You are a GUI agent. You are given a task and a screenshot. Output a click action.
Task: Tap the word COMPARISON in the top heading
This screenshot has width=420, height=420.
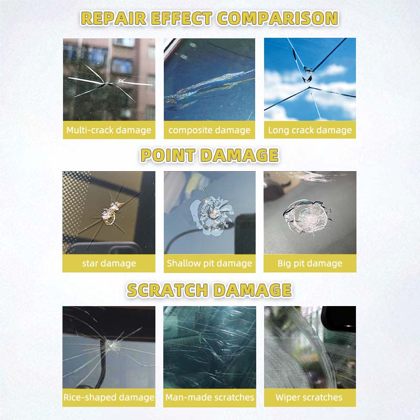[x=278, y=18]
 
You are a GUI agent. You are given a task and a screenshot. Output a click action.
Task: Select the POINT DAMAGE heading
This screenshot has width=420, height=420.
[x=209, y=155]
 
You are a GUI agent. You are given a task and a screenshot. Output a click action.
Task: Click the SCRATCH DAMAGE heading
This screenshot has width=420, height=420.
[x=209, y=290]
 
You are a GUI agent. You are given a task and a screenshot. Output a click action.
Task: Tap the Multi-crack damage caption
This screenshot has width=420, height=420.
[x=109, y=130]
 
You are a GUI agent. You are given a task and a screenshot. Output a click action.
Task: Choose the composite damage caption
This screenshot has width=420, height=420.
[x=209, y=130]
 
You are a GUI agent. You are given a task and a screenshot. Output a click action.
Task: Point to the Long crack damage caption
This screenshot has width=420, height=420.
[x=310, y=130]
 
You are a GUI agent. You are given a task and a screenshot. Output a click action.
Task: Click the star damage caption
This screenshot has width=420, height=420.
[x=109, y=264]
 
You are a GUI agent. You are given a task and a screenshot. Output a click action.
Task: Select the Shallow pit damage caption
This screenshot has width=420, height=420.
[x=209, y=264]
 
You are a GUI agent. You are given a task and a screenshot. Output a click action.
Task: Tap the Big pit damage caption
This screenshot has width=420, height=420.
[x=310, y=264]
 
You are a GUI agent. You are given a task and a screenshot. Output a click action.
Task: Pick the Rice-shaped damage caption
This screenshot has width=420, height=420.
[x=109, y=397]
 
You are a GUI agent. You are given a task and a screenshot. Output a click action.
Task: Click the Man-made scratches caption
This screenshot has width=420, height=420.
[x=209, y=397]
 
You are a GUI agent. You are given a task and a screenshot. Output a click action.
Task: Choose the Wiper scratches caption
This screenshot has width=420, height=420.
[x=310, y=397]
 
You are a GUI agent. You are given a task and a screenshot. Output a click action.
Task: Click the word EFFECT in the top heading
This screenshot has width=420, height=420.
[x=181, y=18]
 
